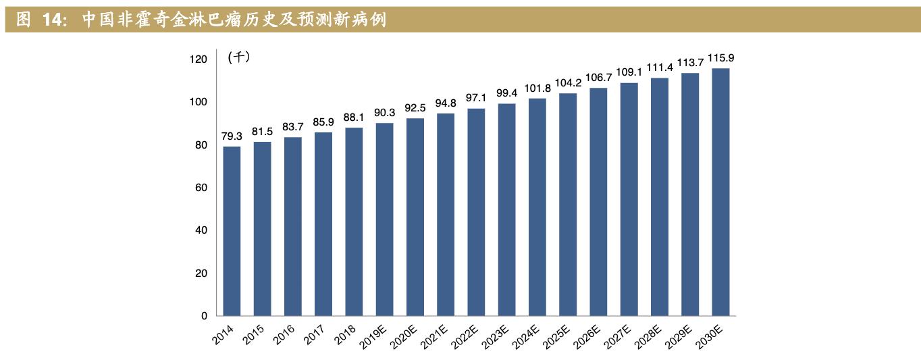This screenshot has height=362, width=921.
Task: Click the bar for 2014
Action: click(x=232, y=231)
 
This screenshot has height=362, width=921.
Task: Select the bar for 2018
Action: click(x=354, y=222)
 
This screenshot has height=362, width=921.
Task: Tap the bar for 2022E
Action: click(x=476, y=212)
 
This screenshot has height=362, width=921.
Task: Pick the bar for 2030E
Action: click(x=720, y=192)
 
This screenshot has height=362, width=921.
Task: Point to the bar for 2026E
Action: click(x=598, y=202)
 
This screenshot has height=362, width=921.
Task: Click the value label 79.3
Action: click(x=232, y=136)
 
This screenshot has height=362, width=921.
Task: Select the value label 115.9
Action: click(x=720, y=59)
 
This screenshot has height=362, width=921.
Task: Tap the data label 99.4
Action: click(x=506, y=93)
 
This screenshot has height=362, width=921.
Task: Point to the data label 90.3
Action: click(x=384, y=113)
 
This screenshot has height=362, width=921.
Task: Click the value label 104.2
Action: click(x=568, y=83)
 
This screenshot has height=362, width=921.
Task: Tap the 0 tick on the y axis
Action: click(x=204, y=316)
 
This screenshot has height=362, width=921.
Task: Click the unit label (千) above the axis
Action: click(x=240, y=57)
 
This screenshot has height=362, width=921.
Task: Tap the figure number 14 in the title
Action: click(x=53, y=20)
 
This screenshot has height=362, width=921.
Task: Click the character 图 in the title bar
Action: click(x=23, y=20)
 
